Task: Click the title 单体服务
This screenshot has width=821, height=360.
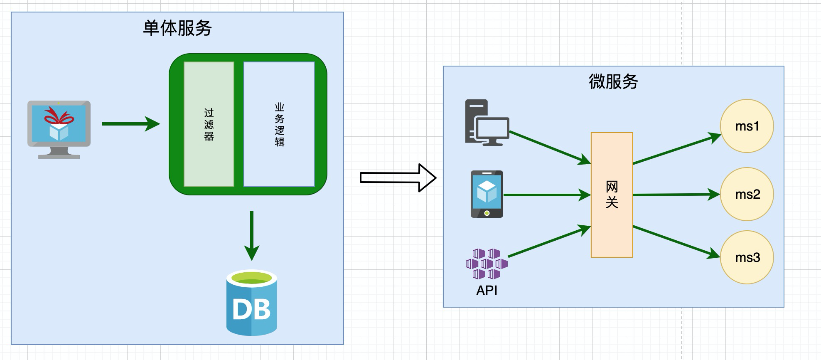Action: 177,28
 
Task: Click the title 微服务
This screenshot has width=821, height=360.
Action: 613,81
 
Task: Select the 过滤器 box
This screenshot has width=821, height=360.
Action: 209,124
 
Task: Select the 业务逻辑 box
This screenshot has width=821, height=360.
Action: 279,124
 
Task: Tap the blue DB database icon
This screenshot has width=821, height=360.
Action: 252,303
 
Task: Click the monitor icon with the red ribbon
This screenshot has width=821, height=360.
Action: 59,129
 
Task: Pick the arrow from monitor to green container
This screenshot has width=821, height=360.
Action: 130,123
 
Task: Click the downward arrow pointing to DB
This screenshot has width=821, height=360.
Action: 252,235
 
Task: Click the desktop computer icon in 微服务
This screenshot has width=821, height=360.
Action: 487,123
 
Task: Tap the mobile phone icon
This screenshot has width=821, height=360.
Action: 487,194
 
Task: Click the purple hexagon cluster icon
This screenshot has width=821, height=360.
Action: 487,264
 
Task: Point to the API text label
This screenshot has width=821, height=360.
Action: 487,291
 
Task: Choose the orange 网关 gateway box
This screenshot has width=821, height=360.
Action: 612,195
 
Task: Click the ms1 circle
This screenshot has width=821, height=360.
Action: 747,126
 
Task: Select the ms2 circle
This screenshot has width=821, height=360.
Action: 747,194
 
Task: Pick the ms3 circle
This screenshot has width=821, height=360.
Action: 747,257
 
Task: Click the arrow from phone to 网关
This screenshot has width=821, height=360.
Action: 546,195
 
